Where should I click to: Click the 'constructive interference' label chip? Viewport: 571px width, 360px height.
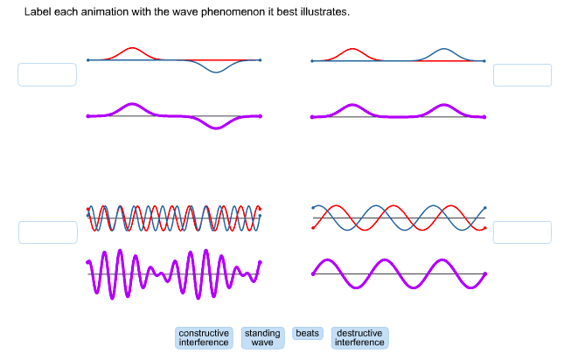coord(204,338)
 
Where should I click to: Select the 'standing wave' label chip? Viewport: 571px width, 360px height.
coord(262,338)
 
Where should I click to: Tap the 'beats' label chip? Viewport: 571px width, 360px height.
coord(307,334)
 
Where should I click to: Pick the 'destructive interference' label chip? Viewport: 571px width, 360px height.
coord(359,338)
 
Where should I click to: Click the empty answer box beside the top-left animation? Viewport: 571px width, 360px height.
coord(47,74)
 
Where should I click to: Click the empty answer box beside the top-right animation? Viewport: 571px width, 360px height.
coord(522,75)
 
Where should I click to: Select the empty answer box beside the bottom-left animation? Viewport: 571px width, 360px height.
coord(48,232)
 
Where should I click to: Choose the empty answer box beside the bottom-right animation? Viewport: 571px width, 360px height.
coord(522,232)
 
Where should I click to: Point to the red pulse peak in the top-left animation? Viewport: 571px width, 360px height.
coord(132,48)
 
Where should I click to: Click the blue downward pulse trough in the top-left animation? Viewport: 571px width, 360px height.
coord(216,72)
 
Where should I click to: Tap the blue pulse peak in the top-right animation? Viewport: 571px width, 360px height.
coord(443,49)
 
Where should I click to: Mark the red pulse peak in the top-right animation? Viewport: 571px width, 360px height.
coord(352,49)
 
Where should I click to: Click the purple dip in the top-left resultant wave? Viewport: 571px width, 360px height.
coord(216,128)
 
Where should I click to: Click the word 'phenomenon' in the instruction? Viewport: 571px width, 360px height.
coord(233,12)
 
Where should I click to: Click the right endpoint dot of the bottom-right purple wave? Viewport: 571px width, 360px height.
coord(484,273)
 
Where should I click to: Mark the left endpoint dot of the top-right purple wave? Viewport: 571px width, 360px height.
coord(312,117)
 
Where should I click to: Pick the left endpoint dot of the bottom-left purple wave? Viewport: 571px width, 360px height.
coord(87,262)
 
